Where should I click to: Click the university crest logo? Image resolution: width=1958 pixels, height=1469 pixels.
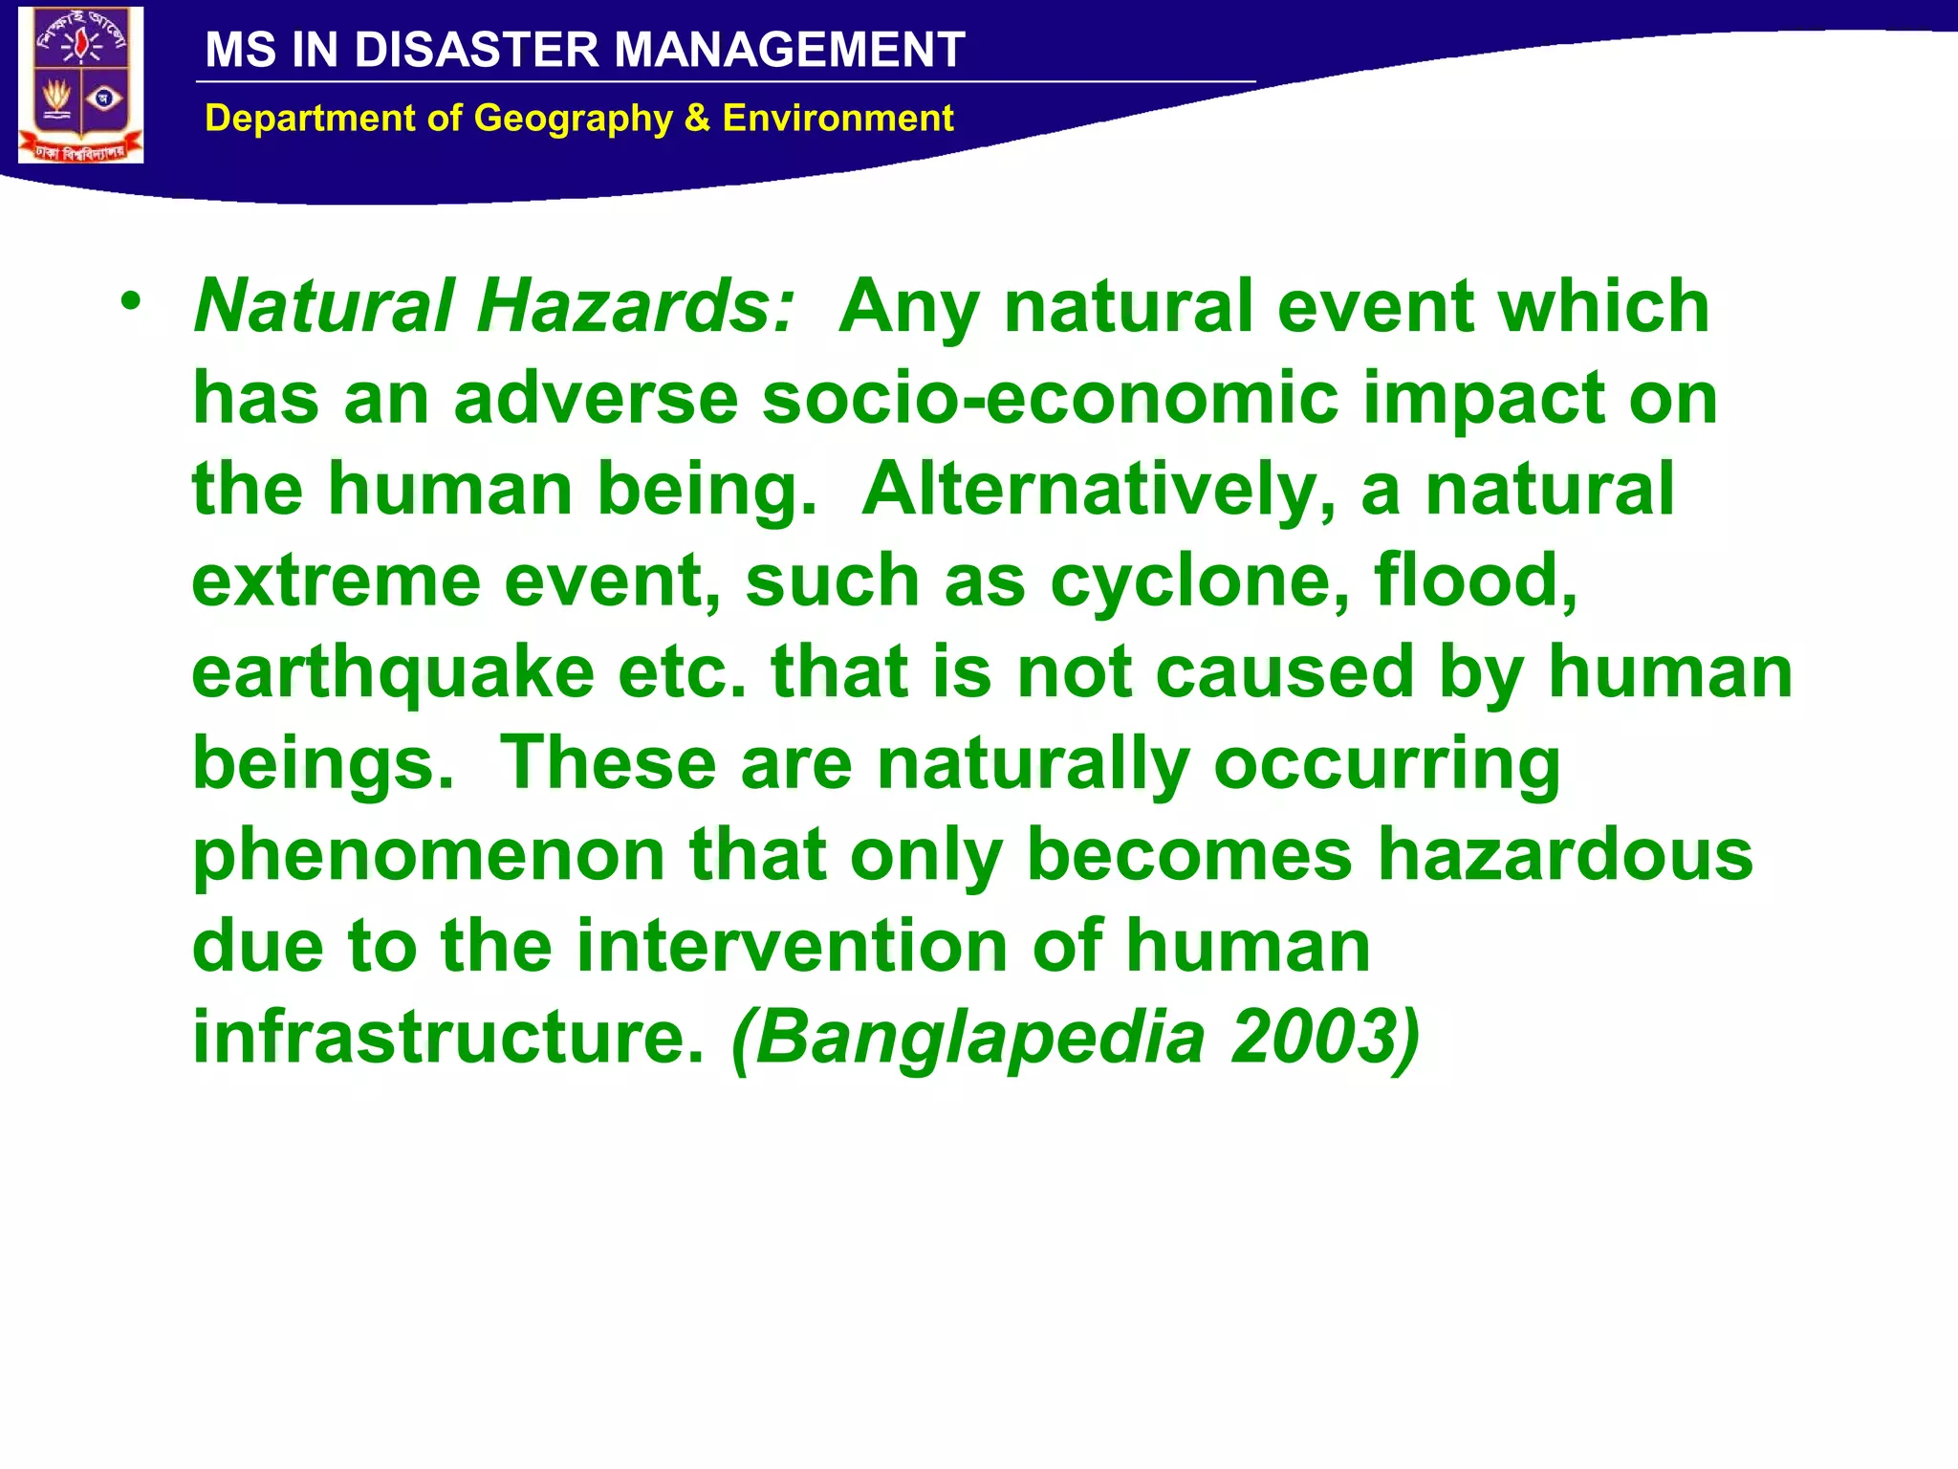[x=80, y=85]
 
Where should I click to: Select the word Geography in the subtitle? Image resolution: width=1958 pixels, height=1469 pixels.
[x=573, y=119]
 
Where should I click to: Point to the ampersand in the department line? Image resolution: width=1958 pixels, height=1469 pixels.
[x=697, y=119]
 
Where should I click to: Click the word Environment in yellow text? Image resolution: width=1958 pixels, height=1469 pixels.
[x=838, y=119]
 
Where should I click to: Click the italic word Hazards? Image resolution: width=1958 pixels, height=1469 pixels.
[x=635, y=306]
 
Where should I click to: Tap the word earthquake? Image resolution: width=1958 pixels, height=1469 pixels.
[x=393, y=673]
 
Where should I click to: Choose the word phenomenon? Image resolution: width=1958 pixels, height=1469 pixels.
[x=428, y=855]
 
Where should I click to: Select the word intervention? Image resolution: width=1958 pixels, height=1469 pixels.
[x=793, y=946]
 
